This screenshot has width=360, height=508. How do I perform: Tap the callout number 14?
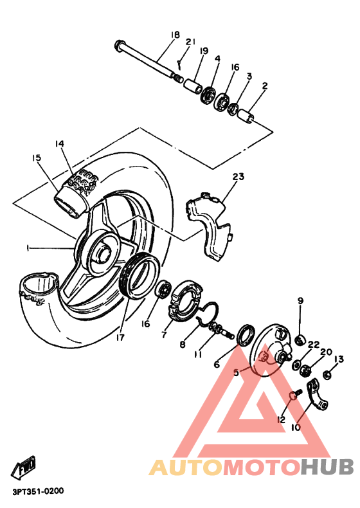(x=60, y=143)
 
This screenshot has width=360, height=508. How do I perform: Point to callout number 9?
(x=300, y=300)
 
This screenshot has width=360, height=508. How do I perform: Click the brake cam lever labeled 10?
(x=317, y=394)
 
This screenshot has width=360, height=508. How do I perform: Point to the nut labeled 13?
(x=327, y=374)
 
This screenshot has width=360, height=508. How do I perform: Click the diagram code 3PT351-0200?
(x=37, y=491)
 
